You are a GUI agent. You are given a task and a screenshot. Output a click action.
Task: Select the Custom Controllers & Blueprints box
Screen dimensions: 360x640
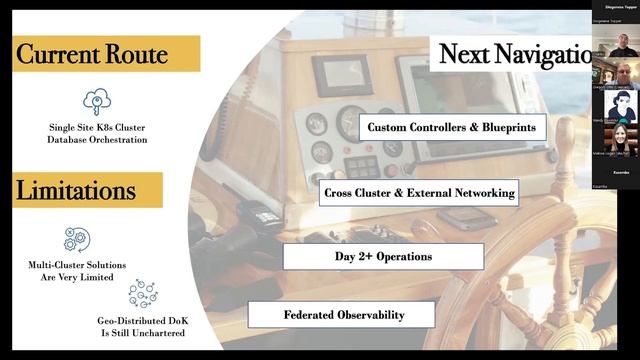coord(458,128)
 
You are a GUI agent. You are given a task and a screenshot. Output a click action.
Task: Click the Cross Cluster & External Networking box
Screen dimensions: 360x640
coord(420,192)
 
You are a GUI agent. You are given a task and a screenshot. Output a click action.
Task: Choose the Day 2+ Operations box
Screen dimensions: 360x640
coord(383,256)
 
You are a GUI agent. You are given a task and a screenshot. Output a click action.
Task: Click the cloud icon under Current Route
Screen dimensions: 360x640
coord(97,100)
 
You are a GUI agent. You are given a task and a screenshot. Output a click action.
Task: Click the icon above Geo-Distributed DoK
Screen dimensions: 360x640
coord(143,292)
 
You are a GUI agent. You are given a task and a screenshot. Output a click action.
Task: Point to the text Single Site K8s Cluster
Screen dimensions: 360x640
coord(97,127)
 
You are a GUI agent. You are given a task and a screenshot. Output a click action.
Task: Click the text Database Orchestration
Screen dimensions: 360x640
coord(97,140)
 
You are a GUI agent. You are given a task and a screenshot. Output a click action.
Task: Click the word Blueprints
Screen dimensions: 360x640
coord(511,128)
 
